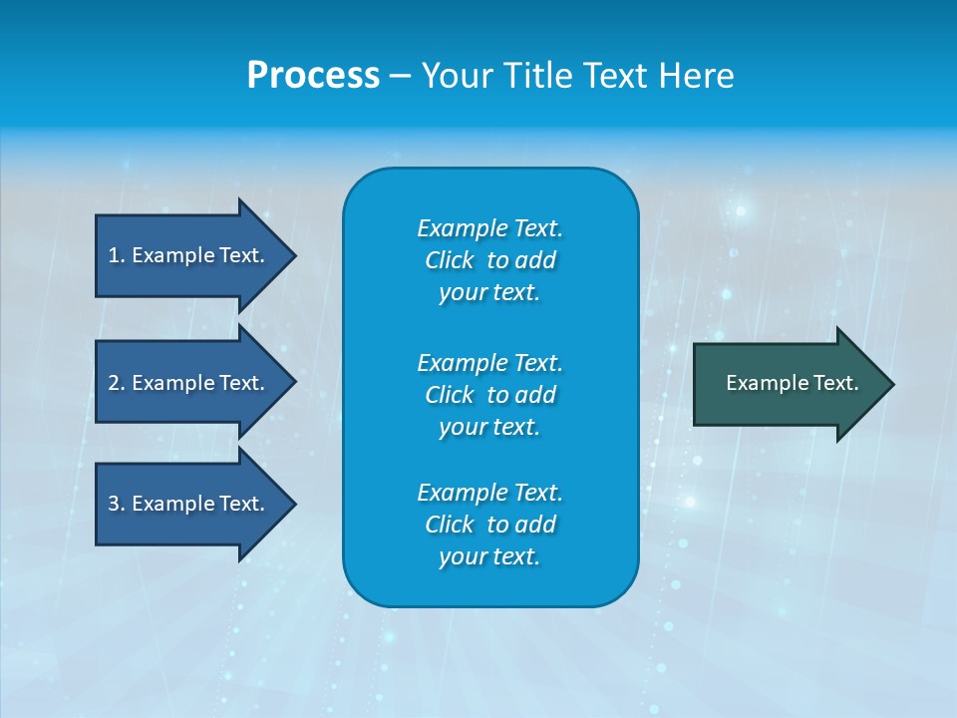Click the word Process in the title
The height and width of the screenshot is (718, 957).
point(313,76)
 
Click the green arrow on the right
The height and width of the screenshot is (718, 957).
point(788,384)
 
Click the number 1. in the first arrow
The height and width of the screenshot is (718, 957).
point(117,255)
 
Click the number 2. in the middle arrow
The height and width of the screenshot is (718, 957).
point(117,383)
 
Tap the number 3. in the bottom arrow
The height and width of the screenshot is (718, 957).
point(117,504)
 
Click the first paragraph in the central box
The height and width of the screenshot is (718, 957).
point(489,260)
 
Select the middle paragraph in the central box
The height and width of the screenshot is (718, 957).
point(489,395)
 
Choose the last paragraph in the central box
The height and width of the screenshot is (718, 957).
point(489,525)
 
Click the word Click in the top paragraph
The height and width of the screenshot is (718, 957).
point(449,260)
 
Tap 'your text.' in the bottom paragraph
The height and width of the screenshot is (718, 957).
point(489,556)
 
